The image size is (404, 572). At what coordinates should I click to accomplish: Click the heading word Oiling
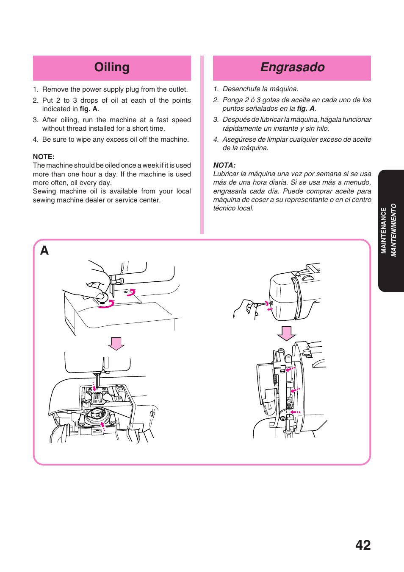click(112, 67)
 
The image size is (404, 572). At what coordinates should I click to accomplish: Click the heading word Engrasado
click(292, 67)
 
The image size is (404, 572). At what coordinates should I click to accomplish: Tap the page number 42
click(363, 545)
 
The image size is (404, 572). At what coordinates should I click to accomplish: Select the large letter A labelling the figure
click(44, 251)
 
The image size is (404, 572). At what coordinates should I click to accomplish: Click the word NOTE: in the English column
click(44, 157)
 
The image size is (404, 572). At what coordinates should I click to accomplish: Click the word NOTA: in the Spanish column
click(224, 165)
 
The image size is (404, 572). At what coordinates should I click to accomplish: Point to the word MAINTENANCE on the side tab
click(384, 231)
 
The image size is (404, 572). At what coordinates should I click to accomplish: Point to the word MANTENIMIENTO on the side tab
click(393, 230)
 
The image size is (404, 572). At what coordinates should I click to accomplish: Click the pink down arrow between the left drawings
click(116, 343)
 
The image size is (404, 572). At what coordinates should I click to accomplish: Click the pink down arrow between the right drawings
click(287, 333)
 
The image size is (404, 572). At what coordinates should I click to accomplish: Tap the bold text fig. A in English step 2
click(89, 109)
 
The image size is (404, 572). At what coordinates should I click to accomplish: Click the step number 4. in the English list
click(36, 140)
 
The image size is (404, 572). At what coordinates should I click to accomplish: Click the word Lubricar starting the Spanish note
click(226, 174)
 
